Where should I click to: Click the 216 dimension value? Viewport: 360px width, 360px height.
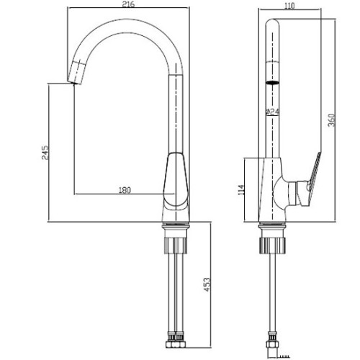[128, 4]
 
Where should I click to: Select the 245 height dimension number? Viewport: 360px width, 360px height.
[45, 153]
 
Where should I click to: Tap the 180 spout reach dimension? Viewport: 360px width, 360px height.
[125, 190]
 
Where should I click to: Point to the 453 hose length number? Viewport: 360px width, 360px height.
[207, 284]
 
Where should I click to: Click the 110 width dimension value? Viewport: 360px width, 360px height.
[289, 6]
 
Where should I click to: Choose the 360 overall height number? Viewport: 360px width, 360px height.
[331, 120]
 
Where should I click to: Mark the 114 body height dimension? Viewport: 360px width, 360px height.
[242, 190]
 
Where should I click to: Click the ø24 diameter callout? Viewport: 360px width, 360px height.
[272, 112]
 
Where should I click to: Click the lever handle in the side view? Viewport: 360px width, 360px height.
[312, 179]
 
